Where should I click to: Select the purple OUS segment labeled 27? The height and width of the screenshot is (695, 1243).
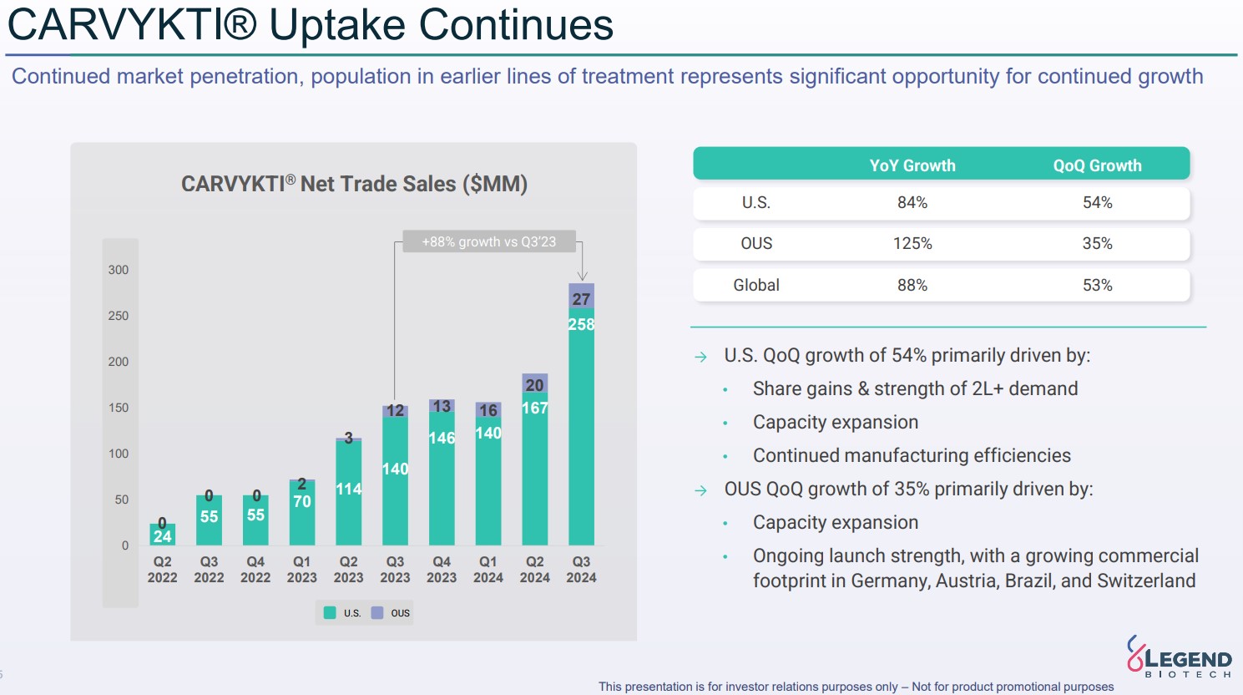581,297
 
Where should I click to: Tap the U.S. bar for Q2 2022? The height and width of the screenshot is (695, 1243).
162,535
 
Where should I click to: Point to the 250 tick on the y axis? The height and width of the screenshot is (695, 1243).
119,316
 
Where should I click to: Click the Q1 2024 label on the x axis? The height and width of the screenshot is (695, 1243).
488,570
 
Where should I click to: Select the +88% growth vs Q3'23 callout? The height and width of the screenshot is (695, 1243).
488,241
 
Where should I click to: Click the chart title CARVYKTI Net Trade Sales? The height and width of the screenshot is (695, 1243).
354,184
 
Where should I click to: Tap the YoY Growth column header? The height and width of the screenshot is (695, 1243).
912,165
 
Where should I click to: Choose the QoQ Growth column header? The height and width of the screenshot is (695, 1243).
1097,165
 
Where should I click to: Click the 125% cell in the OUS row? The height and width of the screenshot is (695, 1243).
912,244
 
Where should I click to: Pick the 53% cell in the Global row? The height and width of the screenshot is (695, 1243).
1097,285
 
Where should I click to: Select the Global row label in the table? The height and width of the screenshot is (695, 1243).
756,285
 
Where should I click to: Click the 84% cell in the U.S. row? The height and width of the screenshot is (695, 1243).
912,203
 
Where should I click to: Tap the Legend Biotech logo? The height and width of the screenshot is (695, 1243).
1179,657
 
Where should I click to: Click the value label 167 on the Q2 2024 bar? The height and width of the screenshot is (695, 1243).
534,408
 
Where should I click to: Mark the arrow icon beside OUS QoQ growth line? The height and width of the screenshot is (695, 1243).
700,490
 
